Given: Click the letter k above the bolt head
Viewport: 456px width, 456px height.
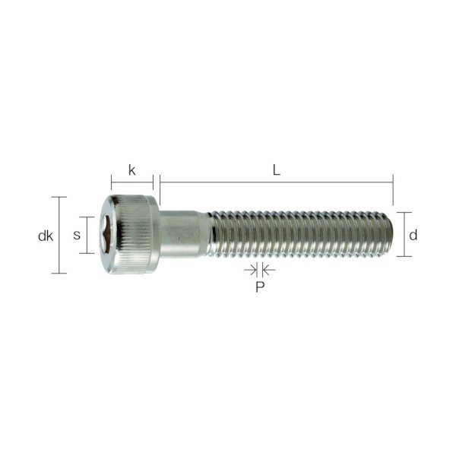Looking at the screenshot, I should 131,170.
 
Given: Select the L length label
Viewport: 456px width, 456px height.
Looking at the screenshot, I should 277,170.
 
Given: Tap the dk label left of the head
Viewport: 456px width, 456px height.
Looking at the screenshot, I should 45,236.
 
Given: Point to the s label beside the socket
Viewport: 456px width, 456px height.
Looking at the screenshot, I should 77,236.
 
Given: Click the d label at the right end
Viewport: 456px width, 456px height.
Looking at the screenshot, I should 413,234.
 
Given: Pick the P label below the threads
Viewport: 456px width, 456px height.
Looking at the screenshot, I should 258,287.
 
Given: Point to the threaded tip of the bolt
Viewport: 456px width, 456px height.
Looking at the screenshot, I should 384,234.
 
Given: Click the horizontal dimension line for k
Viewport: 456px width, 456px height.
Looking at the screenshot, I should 132,182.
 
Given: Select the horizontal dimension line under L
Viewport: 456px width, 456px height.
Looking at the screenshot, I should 277,182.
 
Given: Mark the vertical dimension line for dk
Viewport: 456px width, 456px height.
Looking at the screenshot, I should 59,235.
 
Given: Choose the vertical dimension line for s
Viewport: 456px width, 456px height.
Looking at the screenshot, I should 90,235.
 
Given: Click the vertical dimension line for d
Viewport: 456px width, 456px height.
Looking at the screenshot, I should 404,234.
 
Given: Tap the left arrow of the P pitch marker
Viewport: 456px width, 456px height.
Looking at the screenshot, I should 250,270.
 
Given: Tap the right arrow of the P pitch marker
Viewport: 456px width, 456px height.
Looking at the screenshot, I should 267,270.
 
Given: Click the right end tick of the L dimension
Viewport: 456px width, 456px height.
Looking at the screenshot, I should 393,188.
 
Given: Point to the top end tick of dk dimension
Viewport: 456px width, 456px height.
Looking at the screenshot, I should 59,197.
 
